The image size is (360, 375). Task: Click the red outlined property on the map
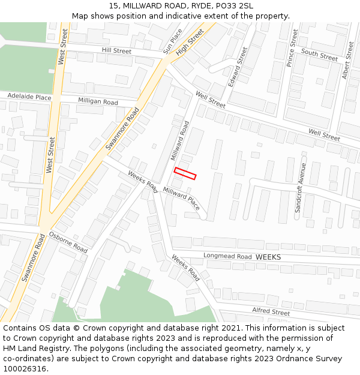pyautogui.click(x=185, y=173)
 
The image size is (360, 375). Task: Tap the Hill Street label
pyautogui.click(x=116, y=51)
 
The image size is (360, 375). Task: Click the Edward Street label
pyautogui.click(x=238, y=67)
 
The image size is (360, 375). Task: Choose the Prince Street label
pyautogui.click(x=292, y=47)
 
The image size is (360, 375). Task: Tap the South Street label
pyautogui.click(x=320, y=55)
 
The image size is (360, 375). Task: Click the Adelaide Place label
pyautogui.click(x=29, y=96)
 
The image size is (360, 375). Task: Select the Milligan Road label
pyautogui.click(x=98, y=101)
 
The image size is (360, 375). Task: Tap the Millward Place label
pyautogui.click(x=182, y=198)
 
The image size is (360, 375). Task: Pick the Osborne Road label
pyautogui.click(x=68, y=241)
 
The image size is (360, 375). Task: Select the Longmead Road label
pyautogui.click(x=227, y=256)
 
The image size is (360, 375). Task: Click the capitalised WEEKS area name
pyautogui.click(x=268, y=257)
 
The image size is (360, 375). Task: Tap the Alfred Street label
pyautogui.click(x=271, y=311)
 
